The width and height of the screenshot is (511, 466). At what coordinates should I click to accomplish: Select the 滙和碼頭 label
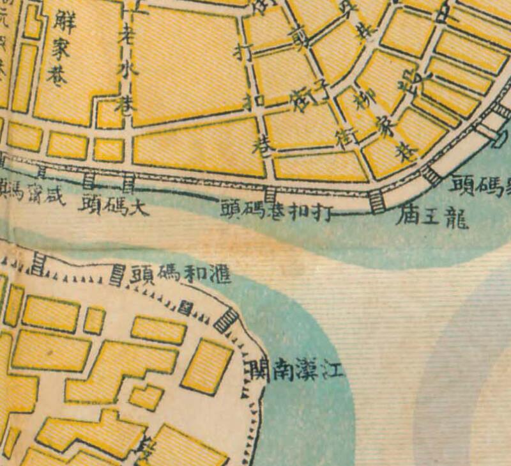(181, 274)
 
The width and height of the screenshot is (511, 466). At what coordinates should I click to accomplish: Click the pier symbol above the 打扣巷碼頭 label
(270, 192)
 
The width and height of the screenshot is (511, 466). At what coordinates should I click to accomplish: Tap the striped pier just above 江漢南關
(225, 319)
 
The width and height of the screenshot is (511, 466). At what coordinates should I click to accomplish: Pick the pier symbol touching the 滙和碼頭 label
(118, 275)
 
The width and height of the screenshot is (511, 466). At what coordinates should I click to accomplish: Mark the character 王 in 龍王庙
(432, 218)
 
